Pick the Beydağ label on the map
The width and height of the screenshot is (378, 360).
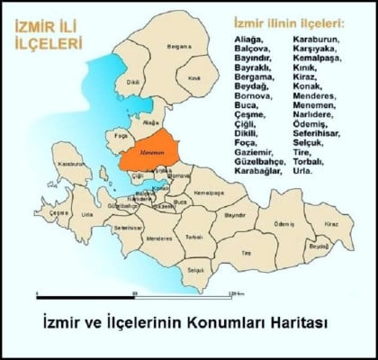318,245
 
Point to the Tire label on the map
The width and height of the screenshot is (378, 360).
247,254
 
